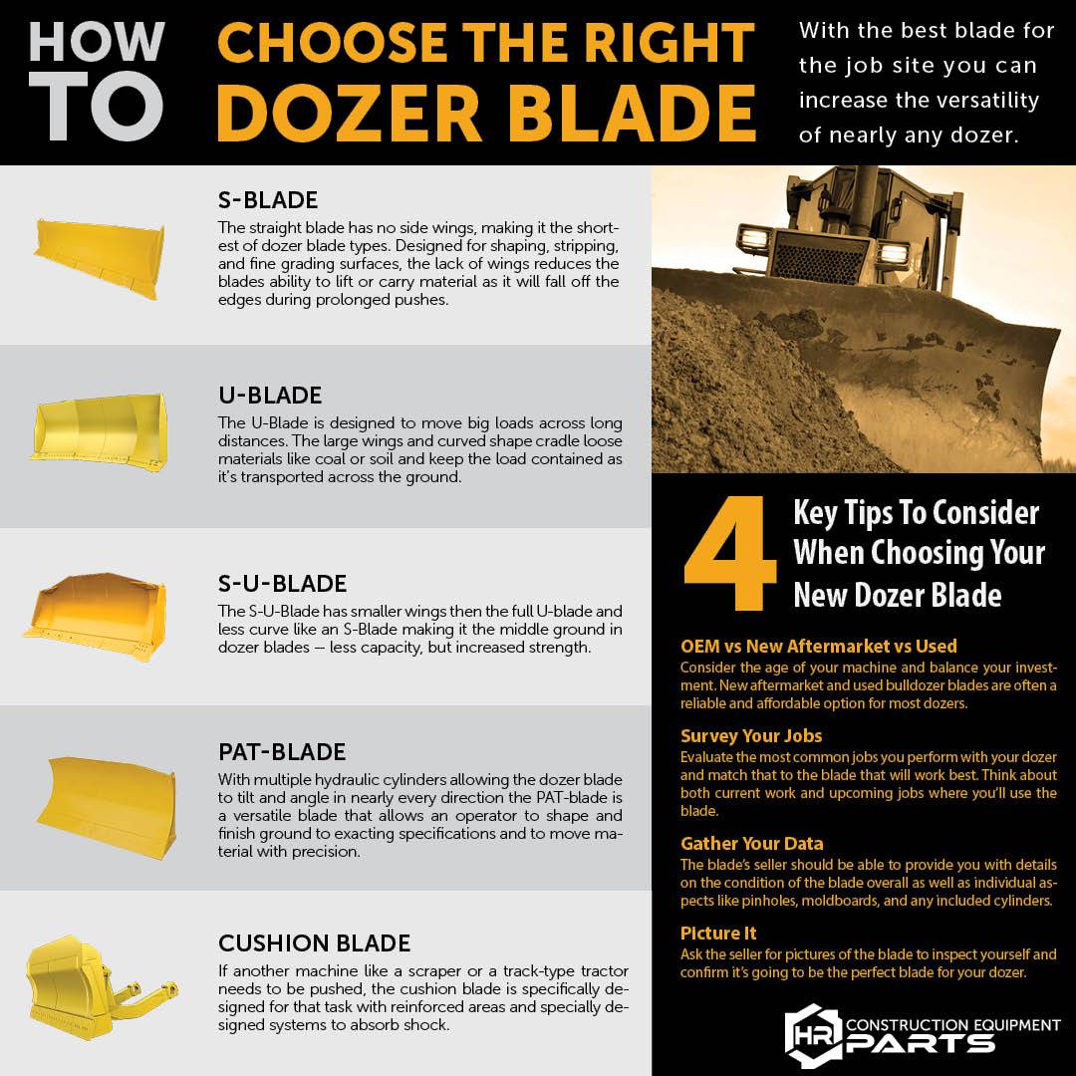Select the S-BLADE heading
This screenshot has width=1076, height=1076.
point(268,199)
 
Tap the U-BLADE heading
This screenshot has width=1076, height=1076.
point(270,396)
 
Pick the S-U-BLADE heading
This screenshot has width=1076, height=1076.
point(282,583)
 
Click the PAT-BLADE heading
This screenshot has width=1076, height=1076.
point(282,751)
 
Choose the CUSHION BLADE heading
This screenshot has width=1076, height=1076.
point(314,942)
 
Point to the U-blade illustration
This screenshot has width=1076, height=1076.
point(98,429)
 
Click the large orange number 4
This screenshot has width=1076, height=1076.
point(731,554)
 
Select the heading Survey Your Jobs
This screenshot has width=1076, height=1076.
point(751,736)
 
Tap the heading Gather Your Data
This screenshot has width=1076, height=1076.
point(752,844)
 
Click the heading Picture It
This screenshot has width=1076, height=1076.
point(718,934)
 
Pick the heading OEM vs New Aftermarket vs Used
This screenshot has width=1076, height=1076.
point(818,647)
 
